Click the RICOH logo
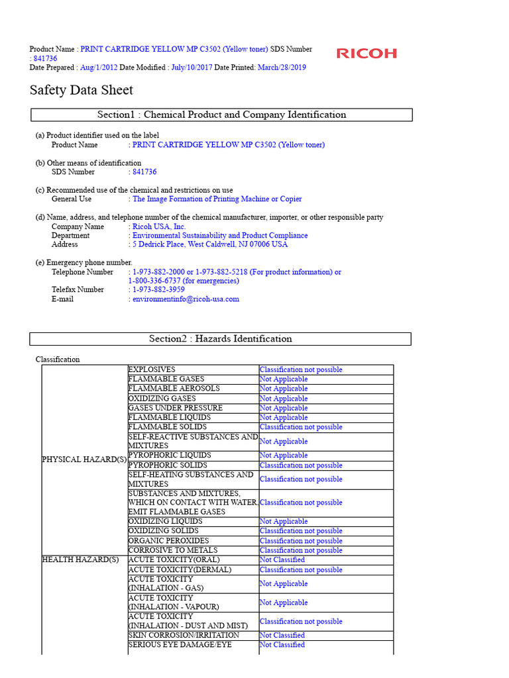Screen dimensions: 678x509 click(367, 54)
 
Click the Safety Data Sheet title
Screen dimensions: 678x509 click(82, 90)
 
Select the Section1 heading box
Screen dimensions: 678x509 click(221, 115)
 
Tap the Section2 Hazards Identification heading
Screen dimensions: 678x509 click(220, 338)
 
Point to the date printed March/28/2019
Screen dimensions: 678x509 click(282, 68)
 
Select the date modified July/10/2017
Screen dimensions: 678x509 click(191, 68)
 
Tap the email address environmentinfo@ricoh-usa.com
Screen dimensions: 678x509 click(186, 299)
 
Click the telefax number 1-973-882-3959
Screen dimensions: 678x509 click(158, 289)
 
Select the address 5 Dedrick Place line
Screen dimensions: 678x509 click(210, 244)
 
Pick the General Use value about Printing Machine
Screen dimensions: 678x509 click(217, 199)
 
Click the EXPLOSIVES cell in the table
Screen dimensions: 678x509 click(152, 369)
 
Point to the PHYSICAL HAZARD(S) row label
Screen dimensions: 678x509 click(84, 460)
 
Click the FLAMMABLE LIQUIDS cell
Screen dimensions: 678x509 click(170, 418)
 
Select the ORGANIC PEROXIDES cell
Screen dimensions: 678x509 click(168, 541)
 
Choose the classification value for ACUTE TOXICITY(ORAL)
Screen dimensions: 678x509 click(282, 559)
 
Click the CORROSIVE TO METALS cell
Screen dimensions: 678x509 click(172, 550)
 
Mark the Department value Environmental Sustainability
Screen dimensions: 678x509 click(220, 235)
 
